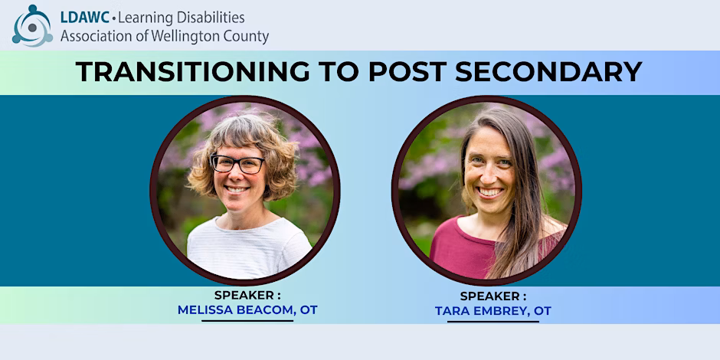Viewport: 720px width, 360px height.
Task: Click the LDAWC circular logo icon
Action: click(x=32, y=26)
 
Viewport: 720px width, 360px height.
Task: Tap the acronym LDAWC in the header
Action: click(x=85, y=18)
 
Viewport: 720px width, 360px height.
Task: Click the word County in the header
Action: click(x=245, y=36)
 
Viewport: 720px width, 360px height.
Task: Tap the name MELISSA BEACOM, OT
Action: click(x=247, y=310)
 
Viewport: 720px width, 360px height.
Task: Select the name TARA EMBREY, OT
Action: click(x=493, y=311)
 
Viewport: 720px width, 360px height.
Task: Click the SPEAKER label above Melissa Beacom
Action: click(x=247, y=295)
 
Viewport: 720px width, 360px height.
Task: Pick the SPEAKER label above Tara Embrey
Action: click(x=493, y=296)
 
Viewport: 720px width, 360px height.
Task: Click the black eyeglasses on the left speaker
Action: click(x=237, y=164)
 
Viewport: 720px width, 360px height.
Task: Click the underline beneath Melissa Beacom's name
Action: click(x=247, y=320)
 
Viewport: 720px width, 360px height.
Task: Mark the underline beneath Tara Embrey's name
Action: click(x=493, y=322)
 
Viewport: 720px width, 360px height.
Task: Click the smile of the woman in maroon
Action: click(x=490, y=192)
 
